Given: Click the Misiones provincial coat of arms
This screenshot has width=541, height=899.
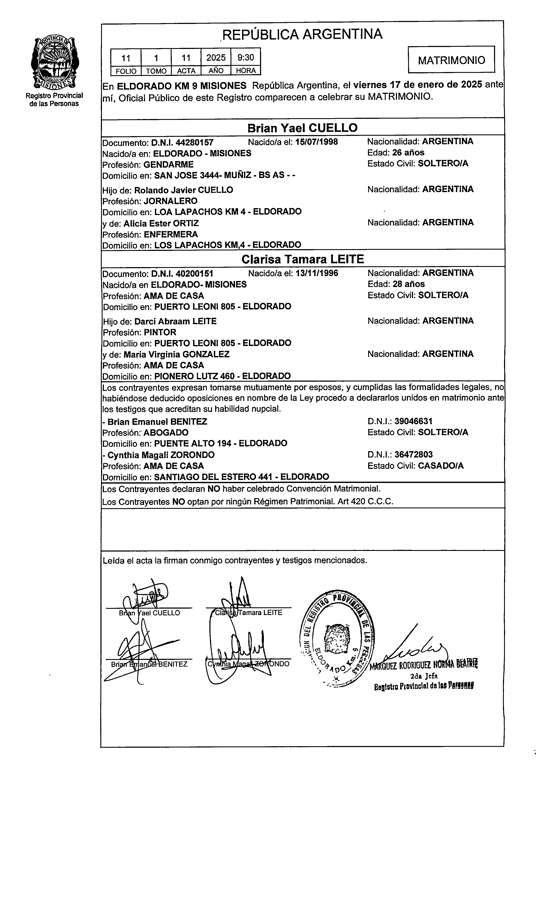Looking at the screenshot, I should pos(55,63).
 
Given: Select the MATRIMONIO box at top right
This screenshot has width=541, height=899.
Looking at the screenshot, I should pos(451,60).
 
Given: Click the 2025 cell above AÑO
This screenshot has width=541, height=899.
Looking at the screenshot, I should pos(216,58).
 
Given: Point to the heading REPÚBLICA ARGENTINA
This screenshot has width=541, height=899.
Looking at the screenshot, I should pos(302,34).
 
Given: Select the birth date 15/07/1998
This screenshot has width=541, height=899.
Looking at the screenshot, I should pos(316,142).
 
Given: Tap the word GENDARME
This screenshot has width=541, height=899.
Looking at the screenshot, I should pos(168,164).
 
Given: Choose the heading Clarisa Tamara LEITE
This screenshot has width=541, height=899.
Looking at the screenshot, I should pos(303,259).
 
